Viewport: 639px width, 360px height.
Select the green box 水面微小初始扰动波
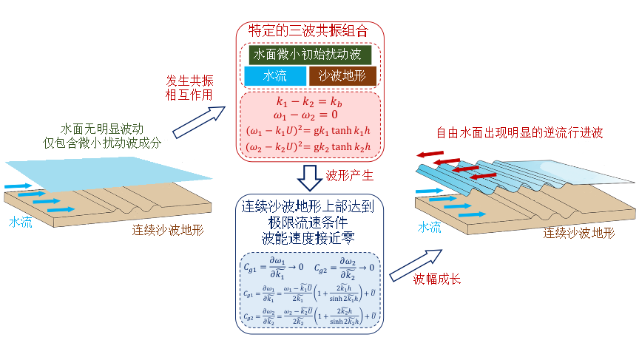point(310,55)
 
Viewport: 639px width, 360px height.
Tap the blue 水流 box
point(274,76)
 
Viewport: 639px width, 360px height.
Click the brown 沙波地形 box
point(342,76)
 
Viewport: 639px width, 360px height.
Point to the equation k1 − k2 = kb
point(309,102)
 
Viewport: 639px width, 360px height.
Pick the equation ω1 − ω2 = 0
point(309,116)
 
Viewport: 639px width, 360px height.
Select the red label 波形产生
point(351,175)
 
